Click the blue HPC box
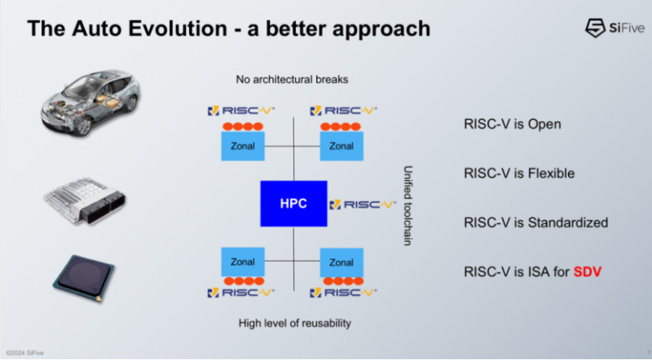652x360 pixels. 293,204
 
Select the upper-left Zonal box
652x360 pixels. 243,147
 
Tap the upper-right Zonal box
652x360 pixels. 341,147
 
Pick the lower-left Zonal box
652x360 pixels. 243,262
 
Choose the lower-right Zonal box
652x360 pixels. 341,262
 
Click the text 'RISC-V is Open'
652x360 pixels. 511,125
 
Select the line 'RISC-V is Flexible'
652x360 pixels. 519,173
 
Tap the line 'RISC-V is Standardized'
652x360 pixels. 535,222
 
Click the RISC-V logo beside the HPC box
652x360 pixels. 363,204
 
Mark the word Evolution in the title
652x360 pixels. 169,29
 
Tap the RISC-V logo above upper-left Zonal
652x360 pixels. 242,110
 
